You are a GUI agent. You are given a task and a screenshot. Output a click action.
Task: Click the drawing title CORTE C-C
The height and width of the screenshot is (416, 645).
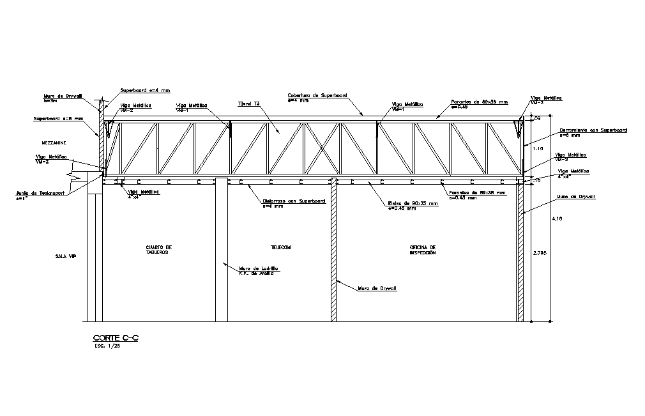pos(116,338)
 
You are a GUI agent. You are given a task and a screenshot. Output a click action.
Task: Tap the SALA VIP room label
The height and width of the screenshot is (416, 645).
pos(66,256)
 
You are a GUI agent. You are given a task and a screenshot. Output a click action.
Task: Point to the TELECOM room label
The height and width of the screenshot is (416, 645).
pos(280,247)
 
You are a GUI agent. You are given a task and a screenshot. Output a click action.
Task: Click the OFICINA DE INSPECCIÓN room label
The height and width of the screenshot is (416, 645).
pos(423,249)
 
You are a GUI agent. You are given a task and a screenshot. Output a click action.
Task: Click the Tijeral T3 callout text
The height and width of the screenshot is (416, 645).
pos(248,104)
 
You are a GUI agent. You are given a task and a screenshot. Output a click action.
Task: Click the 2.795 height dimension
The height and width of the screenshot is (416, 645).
pos(540,253)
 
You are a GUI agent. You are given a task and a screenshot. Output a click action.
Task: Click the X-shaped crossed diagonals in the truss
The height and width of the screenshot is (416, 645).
pos(322,148)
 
